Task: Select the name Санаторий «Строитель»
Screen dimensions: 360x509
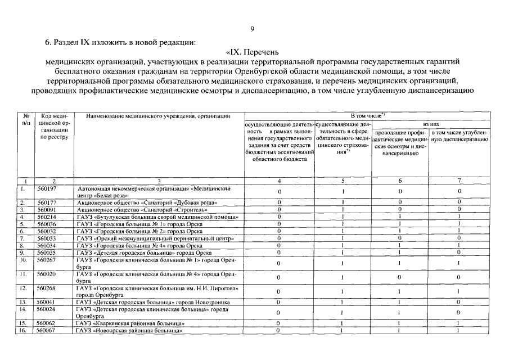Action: [x=143, y=209]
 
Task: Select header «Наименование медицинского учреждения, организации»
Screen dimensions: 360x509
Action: [x=158, y=116]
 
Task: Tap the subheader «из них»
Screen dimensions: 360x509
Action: [x=430, y=124]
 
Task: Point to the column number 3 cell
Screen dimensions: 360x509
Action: [x=159, y=181]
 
